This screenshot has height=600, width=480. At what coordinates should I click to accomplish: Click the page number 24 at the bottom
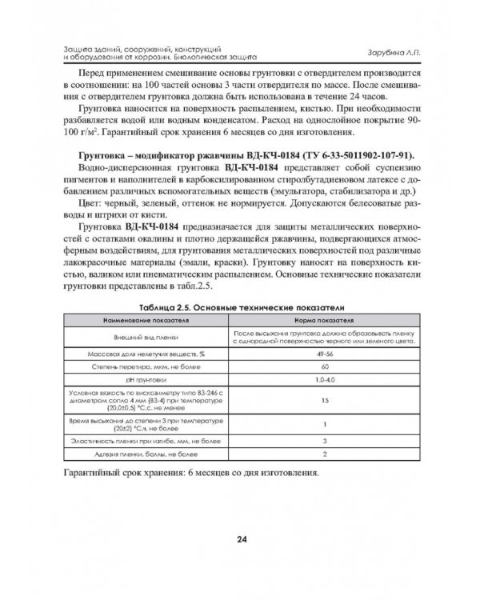click(x=241, y=538)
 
